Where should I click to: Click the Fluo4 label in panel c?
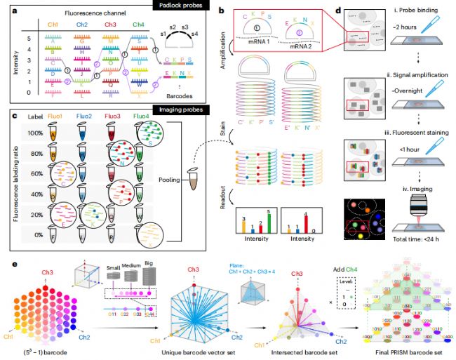[x=142, y=116]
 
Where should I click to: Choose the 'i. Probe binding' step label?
[x=400, y=11]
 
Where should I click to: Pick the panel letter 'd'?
[x=337, y=11]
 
